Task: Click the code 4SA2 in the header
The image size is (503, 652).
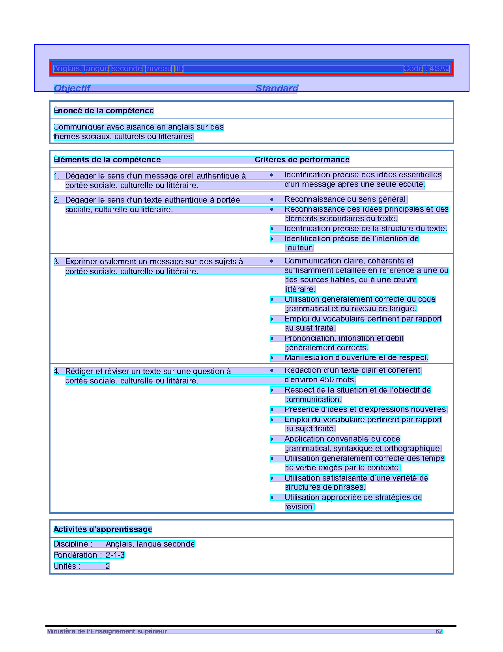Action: [x=439, y=69]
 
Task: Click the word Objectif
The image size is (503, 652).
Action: [x=72, y=88]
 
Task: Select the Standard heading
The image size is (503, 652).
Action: [x=277, y=88]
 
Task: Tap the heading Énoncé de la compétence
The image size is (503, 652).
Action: [x=103, y=111]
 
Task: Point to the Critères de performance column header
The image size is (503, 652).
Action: [x=302, y=160]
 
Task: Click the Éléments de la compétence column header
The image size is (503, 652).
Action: [x=107, y=160]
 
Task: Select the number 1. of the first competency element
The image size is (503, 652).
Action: [x=57, y=176]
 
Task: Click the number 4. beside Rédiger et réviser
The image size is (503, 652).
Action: [x=57, y=371]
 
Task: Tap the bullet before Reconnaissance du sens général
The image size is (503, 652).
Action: [x=272, y=199]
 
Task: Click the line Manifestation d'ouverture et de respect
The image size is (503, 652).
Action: [x=356, y=358]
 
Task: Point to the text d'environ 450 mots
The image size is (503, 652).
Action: [x=320, y=380]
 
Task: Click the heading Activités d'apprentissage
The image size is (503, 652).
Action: [x=103, y=530]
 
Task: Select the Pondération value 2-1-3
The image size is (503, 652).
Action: [x=115, y=555]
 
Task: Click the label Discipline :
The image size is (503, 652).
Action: [x=73, y=544]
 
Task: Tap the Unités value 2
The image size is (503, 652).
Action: [x=108, y=566]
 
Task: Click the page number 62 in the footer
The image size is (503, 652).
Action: [x=439, y=631]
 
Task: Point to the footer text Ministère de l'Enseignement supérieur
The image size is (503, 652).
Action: [x=107, y=631]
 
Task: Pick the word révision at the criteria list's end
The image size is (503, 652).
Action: [x=299, y=507]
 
